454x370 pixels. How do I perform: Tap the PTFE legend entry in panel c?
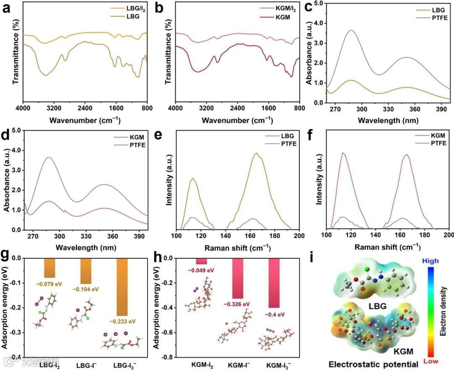click(x=433, y=18)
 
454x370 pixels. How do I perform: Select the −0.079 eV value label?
click(x=49, y=284)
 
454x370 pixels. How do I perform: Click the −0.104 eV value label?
click(x=85, y=289)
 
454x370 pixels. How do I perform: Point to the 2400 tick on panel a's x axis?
click(x=85, y=108)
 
